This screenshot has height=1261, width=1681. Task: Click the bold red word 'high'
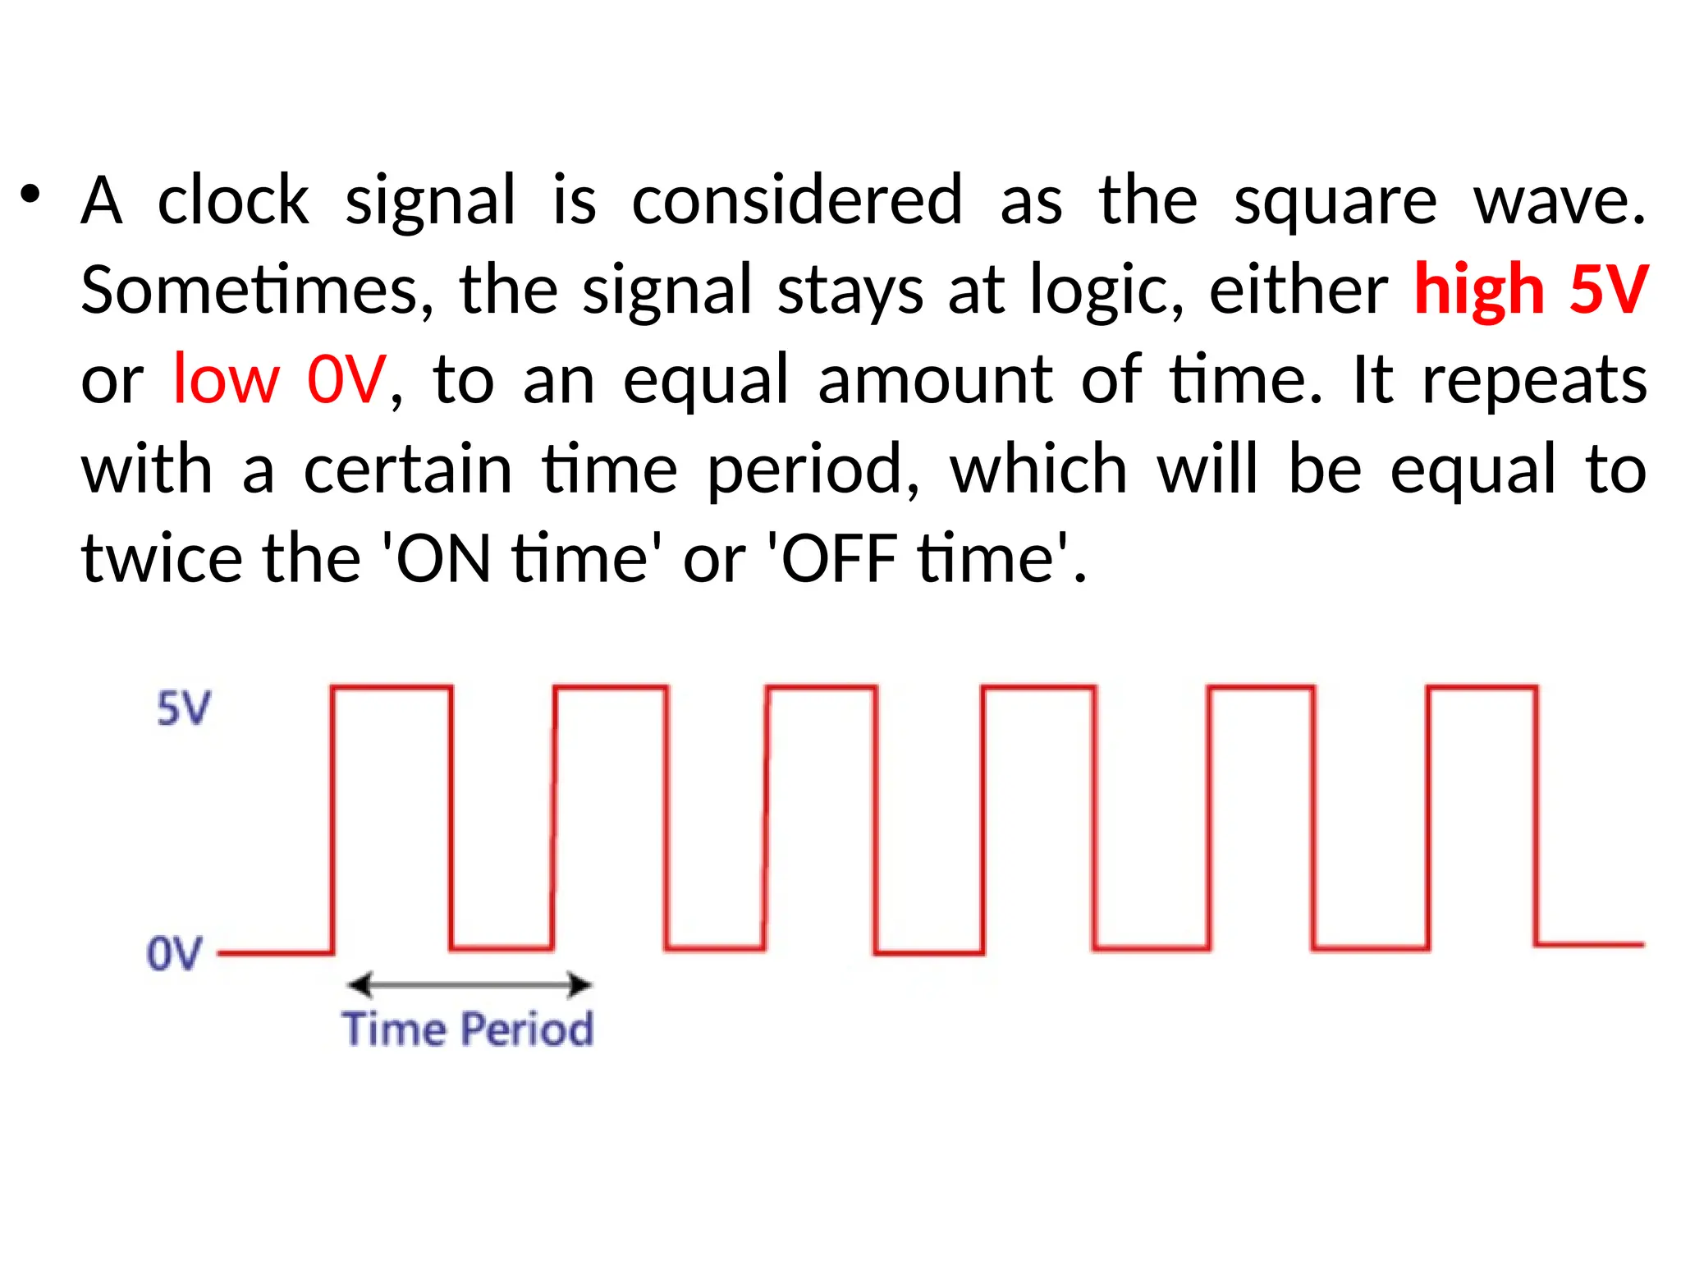1480,291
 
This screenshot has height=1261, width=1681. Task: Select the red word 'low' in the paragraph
227,380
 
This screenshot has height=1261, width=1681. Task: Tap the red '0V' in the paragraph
346,380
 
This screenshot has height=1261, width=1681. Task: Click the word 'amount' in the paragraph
935,380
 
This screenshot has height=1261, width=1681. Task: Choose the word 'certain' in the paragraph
408,470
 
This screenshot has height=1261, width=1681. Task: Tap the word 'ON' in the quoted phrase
443,559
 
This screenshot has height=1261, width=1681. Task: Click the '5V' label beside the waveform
184,708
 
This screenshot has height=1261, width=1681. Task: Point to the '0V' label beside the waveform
174,954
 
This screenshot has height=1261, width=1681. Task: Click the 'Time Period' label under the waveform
468,1029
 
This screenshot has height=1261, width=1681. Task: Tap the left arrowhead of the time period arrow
360,984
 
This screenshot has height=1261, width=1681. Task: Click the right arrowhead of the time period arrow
580,984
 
